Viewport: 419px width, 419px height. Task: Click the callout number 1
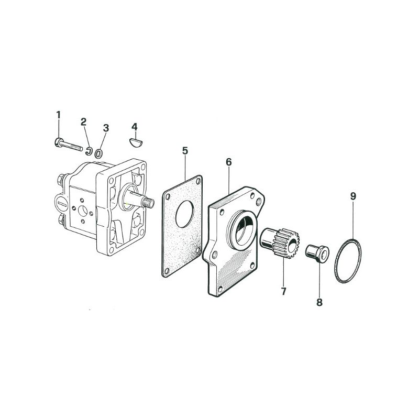click(x=59, y=115)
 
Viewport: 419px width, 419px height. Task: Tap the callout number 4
click(x=135, y=127)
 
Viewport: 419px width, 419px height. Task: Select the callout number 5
click(x=185, y=151)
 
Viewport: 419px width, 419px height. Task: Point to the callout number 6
click(x=229, y=162)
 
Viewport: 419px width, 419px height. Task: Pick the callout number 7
click(x=283, y=291)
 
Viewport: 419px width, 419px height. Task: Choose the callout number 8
click(x=319, y=303)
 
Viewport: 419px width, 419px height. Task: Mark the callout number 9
click(x=353, y=196)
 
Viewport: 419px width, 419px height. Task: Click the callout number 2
click(x=84, y=122)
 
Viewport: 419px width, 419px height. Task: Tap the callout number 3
click(x=106, y=128)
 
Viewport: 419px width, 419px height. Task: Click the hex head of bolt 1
click(x=58, y=142)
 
